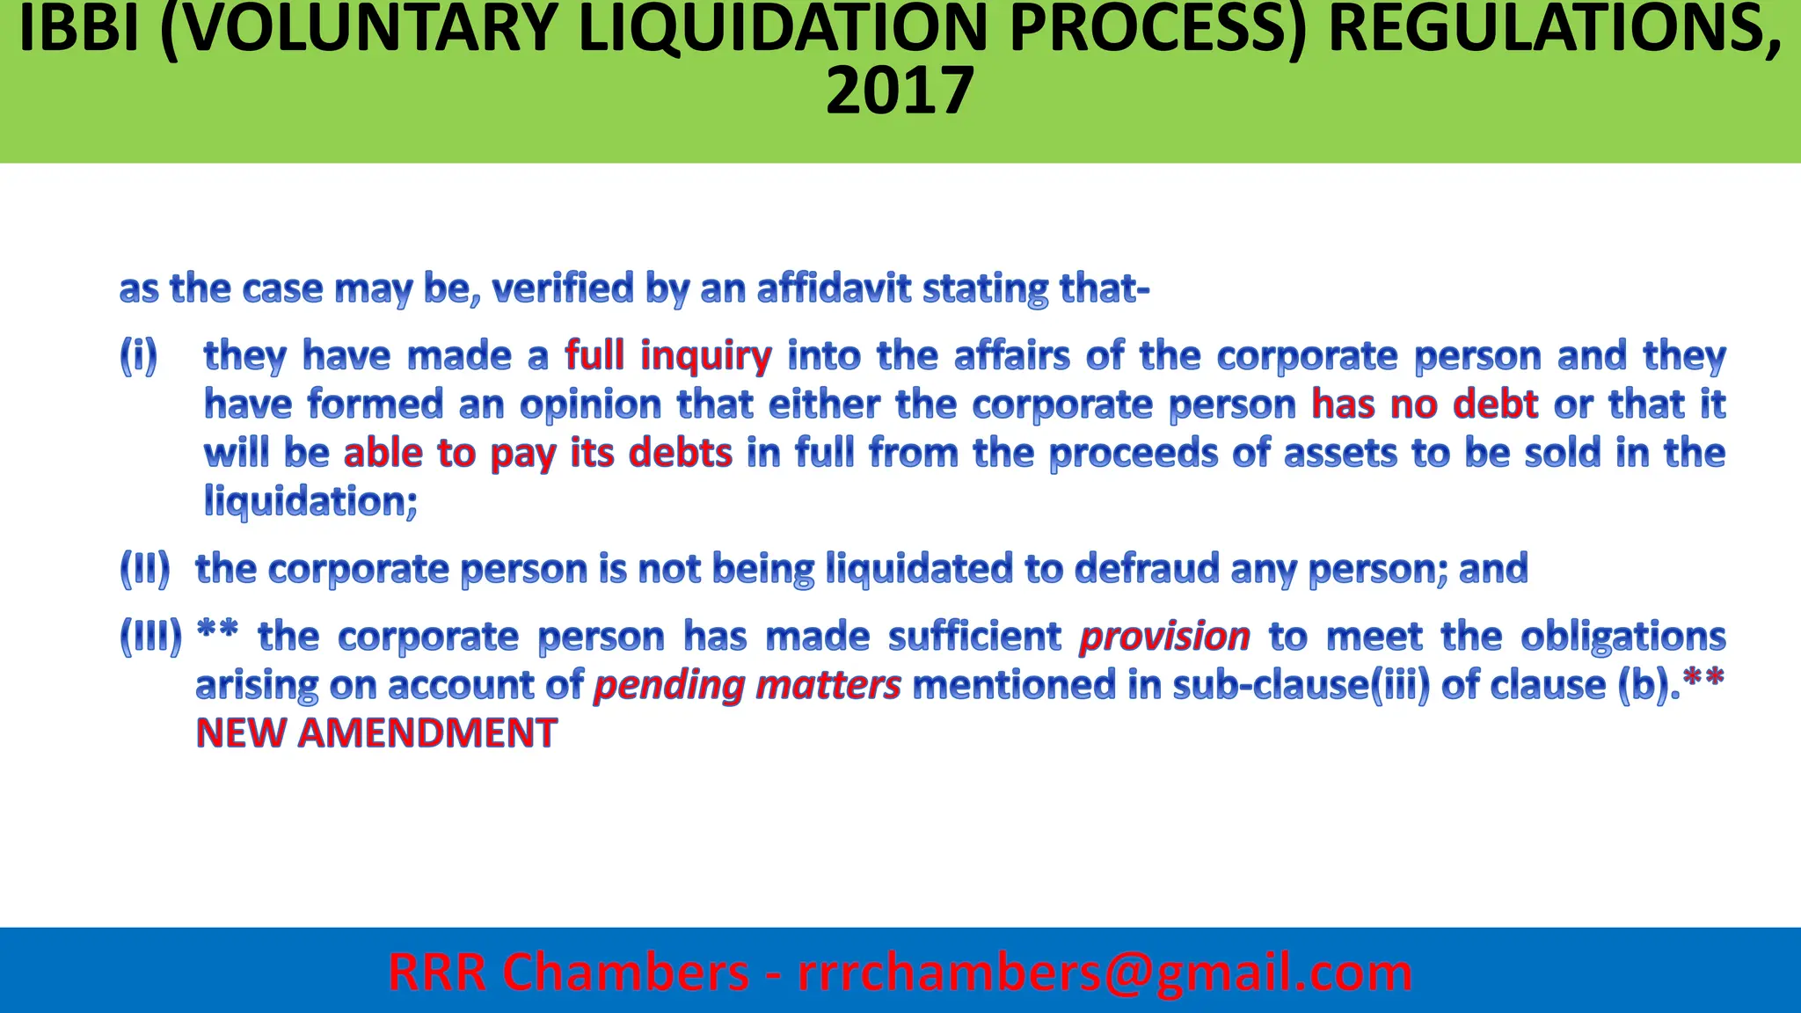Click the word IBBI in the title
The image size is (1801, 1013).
(x=78, y=30)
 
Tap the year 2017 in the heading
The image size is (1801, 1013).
(x=900, y=91)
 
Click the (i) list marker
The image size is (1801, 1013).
(x=139, y=355)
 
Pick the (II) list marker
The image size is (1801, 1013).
(x=145, y=569)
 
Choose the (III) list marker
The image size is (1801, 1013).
(x=151, y=636)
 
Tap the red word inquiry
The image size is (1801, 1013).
(x=706, y=356)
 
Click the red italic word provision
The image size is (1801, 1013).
(x=1164, y=637)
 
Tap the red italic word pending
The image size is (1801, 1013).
(x=668, y=686)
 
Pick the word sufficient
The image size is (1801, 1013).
(x=974, y=636)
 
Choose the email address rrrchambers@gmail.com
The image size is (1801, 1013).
(x=1105, y=973)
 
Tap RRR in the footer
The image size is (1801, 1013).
(x=437, y=973)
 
